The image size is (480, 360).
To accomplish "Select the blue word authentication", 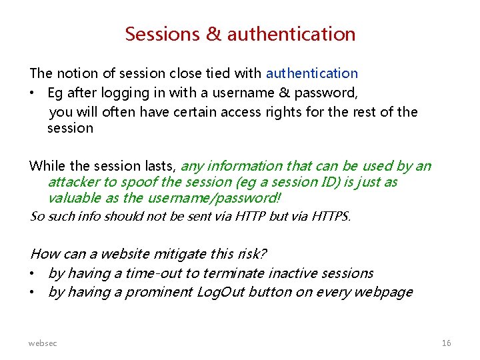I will [x=312, y=73].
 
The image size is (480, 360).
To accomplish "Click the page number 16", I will [x=446, y=343].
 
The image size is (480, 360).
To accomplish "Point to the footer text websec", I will [x=43, y=343].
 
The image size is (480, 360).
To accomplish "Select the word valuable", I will [x=73, y=198].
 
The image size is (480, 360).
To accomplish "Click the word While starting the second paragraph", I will [x=47, y=166].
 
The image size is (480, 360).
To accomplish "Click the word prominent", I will [x=159, y=292].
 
